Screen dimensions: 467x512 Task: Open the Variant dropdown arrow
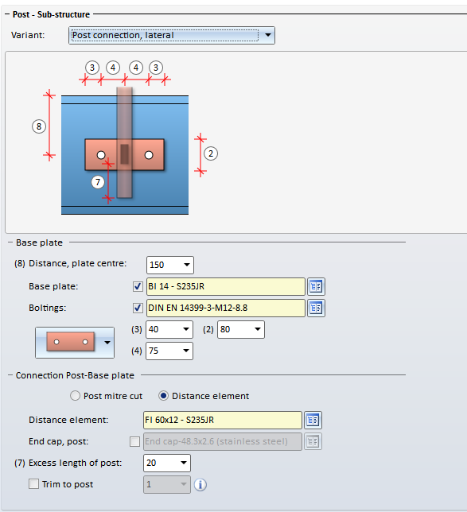267,35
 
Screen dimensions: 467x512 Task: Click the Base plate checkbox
138,287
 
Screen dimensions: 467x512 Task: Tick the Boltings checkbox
138,308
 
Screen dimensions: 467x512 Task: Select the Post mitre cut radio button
75,396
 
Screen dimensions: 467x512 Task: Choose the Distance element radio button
163,396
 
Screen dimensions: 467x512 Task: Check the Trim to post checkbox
33,484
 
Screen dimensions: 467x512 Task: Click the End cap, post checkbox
134,441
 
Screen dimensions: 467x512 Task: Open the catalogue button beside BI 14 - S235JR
316,287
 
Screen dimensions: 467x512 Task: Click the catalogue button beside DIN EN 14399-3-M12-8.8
316,308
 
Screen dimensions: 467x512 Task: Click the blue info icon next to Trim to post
200,485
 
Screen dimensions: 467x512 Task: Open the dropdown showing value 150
170,265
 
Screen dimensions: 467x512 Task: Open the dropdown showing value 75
169,351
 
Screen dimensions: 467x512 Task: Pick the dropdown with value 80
241,329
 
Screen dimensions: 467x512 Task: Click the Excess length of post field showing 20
166,463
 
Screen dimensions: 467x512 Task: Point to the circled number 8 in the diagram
39,126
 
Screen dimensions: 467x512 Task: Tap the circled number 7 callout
98,182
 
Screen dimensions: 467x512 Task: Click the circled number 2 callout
211,153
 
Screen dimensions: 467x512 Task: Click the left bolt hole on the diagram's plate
101,155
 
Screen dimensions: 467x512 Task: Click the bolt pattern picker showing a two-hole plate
75,343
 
